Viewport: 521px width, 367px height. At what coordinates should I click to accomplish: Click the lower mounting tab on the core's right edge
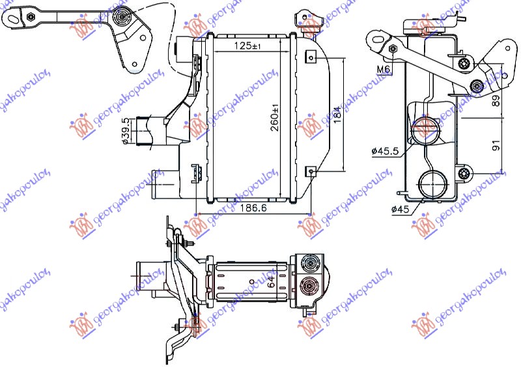point(312,171)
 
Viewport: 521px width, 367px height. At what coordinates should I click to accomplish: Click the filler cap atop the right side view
point(424,27)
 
